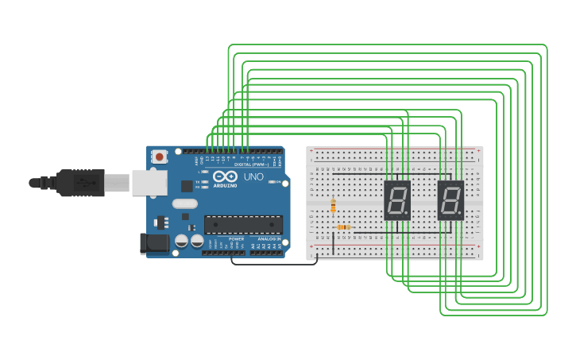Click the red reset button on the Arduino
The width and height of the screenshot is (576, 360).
pos(160,157)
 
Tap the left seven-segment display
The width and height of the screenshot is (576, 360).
pos(397,200)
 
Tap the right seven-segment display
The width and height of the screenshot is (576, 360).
pos(450,200)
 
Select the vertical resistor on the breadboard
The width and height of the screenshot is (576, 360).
pos(333,206)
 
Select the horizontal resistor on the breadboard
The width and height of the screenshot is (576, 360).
pos(343,227)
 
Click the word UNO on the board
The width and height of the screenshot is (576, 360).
pos(253,176)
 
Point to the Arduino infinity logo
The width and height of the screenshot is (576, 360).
pos(225,176)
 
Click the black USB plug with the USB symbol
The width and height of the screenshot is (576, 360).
pos(79,183)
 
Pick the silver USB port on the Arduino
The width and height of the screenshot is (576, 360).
pos(149,182)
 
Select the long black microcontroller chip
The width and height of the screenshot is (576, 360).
pos(243,225)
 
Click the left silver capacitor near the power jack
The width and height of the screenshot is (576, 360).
pos(181,240)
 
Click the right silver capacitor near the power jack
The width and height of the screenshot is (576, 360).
pos(197,240)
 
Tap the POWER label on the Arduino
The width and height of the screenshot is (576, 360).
pos(237,238)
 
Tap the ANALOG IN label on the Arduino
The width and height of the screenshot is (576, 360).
pos(268,238)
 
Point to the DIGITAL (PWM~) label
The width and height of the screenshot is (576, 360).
pos(251,165)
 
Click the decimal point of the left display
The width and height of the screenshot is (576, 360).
pos(407,214)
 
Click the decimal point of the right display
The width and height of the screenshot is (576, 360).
pos(460,214)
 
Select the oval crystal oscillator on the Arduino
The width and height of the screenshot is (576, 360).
pos(184,203)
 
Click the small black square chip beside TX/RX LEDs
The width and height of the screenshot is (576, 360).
pos(187,186)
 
